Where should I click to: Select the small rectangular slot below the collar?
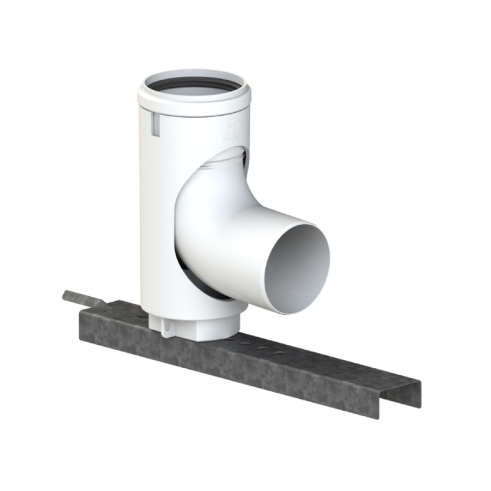tap(154, 124)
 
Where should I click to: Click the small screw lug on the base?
tap(167, 327)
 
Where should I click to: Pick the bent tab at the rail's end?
tap(82, 298)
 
